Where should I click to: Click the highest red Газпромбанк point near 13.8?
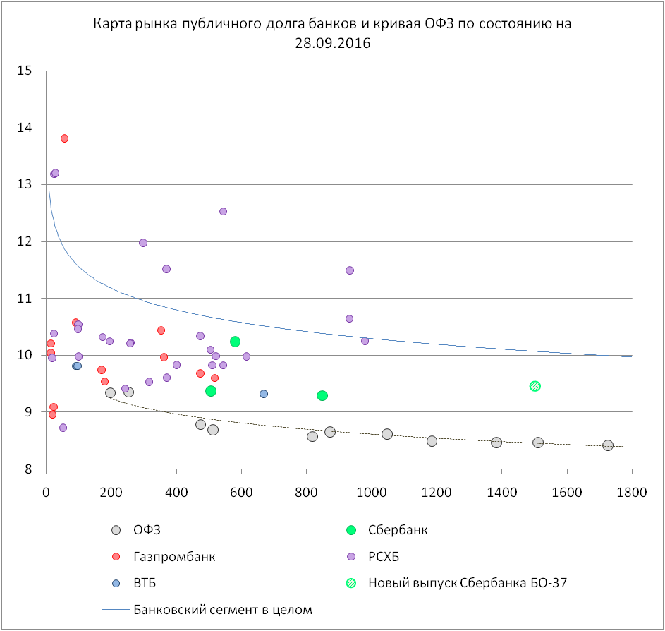pos(64,138)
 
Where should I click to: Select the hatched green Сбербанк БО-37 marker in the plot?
pos(535,386)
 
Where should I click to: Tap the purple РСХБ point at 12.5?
pos(223,211)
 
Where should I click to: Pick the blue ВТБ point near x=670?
pos(264,394)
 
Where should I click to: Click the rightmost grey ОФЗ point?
pos(608,445)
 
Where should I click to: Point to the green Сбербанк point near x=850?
pos(322,396)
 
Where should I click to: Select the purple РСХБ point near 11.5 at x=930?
pos(349,270)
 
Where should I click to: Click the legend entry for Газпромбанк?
pos(173,556)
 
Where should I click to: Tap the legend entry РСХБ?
pos(383,556)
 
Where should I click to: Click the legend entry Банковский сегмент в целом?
pos(222,609)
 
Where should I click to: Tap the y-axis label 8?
pos(30,469)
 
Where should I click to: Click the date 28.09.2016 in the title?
pos(333,42)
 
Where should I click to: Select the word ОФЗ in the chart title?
pos(442,24)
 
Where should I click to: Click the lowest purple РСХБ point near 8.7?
pos(63,428)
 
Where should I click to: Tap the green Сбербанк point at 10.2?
pos(235,342)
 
